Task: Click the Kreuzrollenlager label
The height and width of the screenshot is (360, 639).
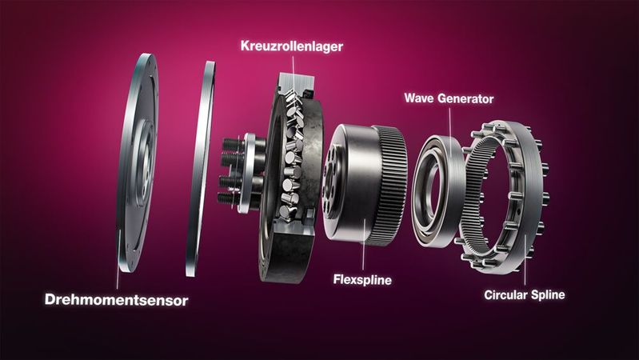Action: click(x=291, y=46)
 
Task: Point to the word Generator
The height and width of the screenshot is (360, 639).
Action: click(x=466, y=99)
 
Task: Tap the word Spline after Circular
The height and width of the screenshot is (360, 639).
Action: click(x=549, y=295)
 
